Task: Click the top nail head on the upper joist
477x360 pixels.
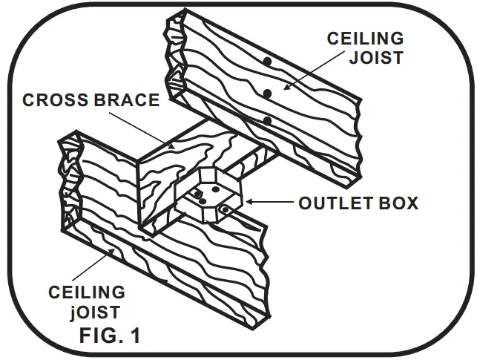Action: (265, 60)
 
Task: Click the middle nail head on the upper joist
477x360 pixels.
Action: (266, 93)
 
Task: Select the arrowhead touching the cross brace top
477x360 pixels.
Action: (171, 147)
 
